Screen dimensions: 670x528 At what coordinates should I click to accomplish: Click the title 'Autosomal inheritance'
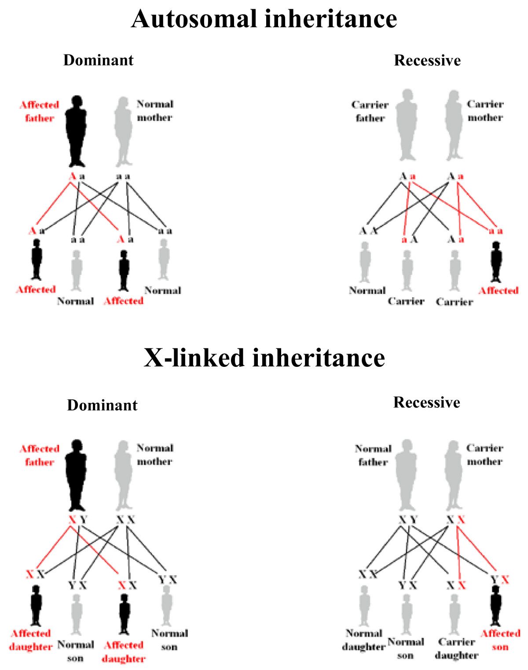tap(264, 19)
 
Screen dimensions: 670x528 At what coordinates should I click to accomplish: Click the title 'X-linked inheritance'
tap(264, 358)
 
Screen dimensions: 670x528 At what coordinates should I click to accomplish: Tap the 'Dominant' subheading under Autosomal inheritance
tap(98, 60)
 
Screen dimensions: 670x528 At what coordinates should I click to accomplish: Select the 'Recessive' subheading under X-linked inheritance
tap(426, 402)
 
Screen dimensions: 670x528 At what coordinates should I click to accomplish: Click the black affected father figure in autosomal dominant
tap(76, 130)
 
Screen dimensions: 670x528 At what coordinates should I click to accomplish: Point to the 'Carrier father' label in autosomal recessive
tap(370, 111)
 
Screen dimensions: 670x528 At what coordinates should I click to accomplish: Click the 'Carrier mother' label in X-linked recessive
tap(484, 455)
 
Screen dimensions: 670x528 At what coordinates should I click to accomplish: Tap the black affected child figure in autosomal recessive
tap(496, 262)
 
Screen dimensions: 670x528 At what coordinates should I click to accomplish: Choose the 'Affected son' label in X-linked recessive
tap(500, 640)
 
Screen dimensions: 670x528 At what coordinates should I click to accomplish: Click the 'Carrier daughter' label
tap(457, 648)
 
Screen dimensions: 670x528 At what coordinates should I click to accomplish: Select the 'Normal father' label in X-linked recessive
tap(373, 455)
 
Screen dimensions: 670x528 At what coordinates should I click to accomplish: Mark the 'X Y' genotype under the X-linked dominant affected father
tap(78, 520)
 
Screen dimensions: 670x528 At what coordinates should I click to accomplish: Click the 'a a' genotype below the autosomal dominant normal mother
tap(123, 177)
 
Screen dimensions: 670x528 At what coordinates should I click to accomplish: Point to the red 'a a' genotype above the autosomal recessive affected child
tap(495, 231)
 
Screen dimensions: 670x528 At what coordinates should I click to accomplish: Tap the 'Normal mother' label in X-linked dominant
tap(155, 454)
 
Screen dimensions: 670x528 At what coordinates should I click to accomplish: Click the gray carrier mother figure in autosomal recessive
tap(453, 125)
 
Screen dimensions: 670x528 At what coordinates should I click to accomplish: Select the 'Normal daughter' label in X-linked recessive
tap(364, 640)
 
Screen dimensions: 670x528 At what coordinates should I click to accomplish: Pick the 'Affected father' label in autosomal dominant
tap(39, 111)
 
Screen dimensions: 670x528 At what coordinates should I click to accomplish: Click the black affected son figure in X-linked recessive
tap(496, 605)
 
